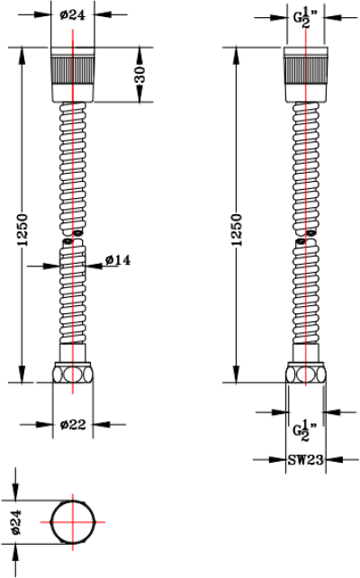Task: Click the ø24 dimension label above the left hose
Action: click(x=72, y=14)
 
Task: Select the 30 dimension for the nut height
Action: click(x=140, y=77)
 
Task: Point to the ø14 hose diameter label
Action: click(x=118, y=260)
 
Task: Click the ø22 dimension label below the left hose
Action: click(x=72, y=425)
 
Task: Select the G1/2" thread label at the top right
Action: click(x=307, y=16)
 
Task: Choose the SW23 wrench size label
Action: click(x=305, y=459)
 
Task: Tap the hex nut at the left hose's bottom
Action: click(x=72, y=373)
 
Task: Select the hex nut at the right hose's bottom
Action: click(x=307, y=373)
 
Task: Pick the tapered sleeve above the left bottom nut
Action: click(x=72, y=353)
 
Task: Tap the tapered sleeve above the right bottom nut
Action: click(x=307, y=353)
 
